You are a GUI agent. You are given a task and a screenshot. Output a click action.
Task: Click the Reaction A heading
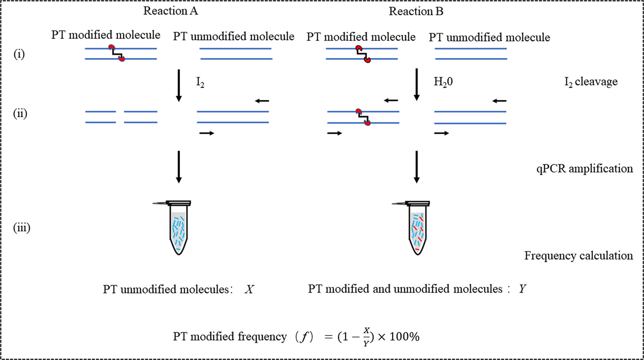click(x=170, y=11)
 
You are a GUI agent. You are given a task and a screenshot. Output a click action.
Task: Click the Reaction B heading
click(x=416, y=11)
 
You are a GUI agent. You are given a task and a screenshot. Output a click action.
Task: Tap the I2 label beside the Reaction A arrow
click(x=200, y=82)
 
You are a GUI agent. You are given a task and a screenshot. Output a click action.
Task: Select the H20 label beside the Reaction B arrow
click(x=443, y=82)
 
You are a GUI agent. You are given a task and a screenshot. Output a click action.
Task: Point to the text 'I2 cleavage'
click(x=591, y=82)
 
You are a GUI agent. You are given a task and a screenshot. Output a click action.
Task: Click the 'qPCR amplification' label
click(x=584, y=168)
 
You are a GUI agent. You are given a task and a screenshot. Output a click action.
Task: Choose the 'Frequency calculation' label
click(x=578, y=255)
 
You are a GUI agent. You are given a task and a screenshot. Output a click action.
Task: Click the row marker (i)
click(x=19, y=54)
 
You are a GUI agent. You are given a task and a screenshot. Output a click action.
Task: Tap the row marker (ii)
click(x=20, y=114)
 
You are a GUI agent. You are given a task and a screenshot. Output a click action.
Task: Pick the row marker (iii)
click(x=22, y=228)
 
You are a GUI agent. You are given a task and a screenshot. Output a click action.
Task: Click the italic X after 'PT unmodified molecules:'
click(x=249, y=289)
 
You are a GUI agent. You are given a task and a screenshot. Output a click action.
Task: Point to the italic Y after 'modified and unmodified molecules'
click(x=523, y=289)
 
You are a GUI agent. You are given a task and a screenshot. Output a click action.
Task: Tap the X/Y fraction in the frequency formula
click(x=366, y=337)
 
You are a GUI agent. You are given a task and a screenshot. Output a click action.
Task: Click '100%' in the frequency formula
click(x=405, y=336)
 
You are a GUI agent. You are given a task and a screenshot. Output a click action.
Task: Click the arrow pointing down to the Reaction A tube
click(x=179, y=166)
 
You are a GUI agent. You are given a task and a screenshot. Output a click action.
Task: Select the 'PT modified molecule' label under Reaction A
click(x=106, y=35)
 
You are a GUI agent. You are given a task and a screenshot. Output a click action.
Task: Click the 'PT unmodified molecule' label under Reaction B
click(x=489, y=37)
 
